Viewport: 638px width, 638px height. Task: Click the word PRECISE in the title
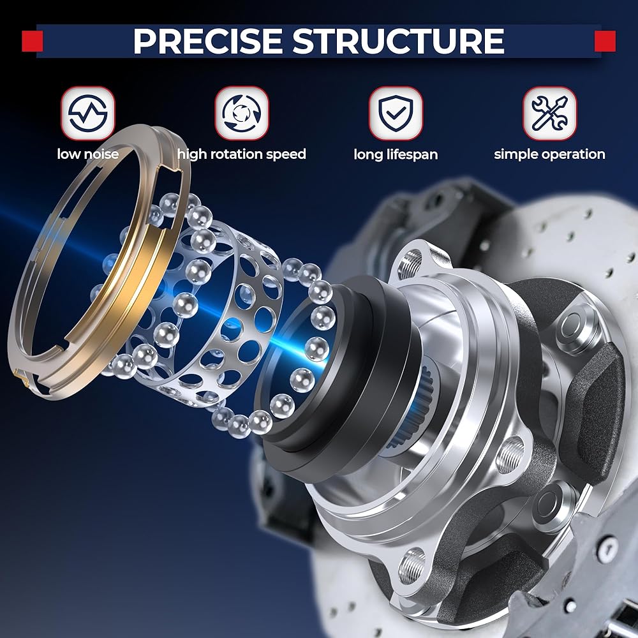pyautogui.click(x=207, y=41)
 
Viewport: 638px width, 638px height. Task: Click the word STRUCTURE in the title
pyautogui.click(x=398, y=41)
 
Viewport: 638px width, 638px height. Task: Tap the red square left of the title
pyautogui.click(x=32, y=41)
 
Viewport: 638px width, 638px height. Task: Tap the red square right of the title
pyautogui.click(x=605, y=41)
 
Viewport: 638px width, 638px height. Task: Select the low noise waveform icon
pyautogui.click(x=88, y=113)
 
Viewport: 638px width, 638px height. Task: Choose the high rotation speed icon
pyautogui.click(x=242, y=113)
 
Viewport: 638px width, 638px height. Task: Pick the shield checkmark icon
pyautogui.click(x=396, y=113)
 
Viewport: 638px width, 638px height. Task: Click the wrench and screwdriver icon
pyautogui.click(x=549, y=113)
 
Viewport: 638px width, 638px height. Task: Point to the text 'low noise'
pyautogui.click(x=88, y=154)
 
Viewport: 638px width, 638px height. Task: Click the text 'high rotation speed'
pyautogui.click(x=242, y=154)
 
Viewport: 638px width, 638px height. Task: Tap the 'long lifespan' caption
pyautogui.click(x=396, y=154)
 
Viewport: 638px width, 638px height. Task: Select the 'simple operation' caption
pyautogui.click(x=549, y=154)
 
